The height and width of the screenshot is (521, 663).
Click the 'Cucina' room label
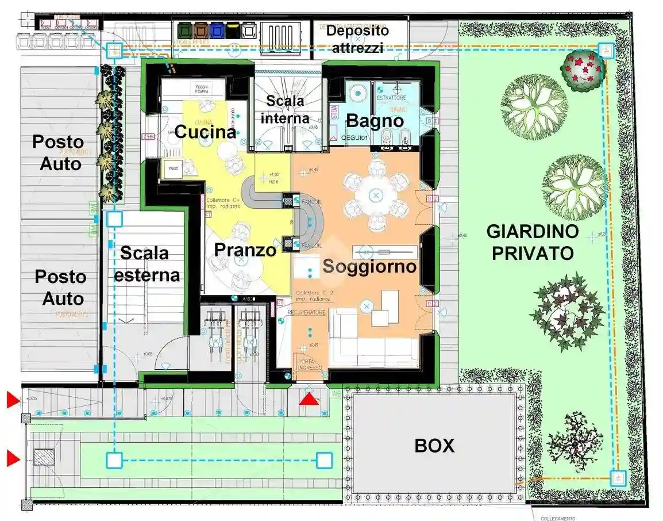pyautogui.click(x=205, y=132)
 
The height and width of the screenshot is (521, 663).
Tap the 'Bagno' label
pyautogui.click(x=375, y=121)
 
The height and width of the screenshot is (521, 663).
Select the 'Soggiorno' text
pyautogui.click(x=369, y=266)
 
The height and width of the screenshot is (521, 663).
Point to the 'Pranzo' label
pyautogui.click(x=245, y=250)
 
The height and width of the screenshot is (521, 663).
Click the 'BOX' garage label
pyautogui.click(x=435, y=445)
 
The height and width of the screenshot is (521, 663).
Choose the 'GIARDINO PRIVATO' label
pyautogui.click(x=532, y=242)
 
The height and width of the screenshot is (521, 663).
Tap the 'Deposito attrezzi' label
pyautogui.click(x=357, y=39)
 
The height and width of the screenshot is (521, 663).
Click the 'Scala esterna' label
pyautogui.click(x=147, y=264)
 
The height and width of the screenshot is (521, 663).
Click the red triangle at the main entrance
pyautogui.click(x=309, y=399)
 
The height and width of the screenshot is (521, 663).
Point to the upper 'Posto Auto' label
pyautogui.click(x=57, y=152)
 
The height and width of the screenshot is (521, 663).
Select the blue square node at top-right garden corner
pyautogui.click(x=605, y=49)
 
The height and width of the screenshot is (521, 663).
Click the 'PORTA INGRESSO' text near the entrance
pyautogui.click(x=310, y=364)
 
